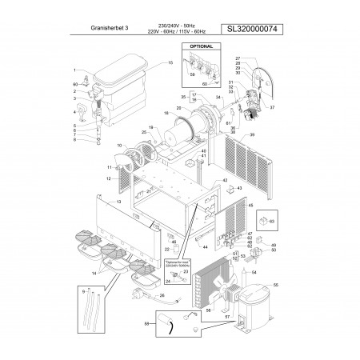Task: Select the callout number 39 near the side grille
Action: (x=274, y=135)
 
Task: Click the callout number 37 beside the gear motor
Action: (x=273, y=106)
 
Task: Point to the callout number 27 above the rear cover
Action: (x=238, y=59)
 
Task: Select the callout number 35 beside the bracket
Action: (x=183, y=96)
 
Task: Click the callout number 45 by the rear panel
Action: (x=250, y=205)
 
